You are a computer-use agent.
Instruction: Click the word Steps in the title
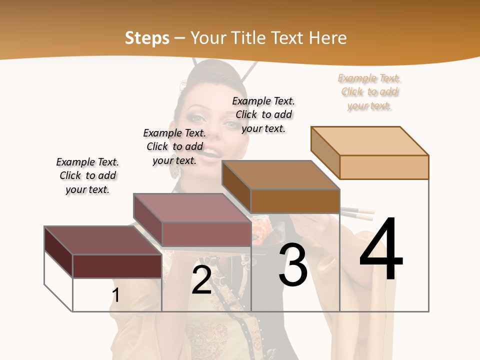147,38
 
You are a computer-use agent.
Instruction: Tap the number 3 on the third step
293,265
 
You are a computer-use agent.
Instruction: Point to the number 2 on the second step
201,279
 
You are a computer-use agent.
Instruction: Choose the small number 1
115,295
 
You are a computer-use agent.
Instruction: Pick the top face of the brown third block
280,175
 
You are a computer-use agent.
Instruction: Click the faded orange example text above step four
370,92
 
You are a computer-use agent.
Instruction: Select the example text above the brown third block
263,114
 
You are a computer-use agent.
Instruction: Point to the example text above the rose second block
174,146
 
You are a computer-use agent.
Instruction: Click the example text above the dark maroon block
87,175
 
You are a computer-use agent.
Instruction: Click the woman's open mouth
212,149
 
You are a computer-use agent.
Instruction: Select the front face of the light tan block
384,167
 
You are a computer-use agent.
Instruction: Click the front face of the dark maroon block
117,266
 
